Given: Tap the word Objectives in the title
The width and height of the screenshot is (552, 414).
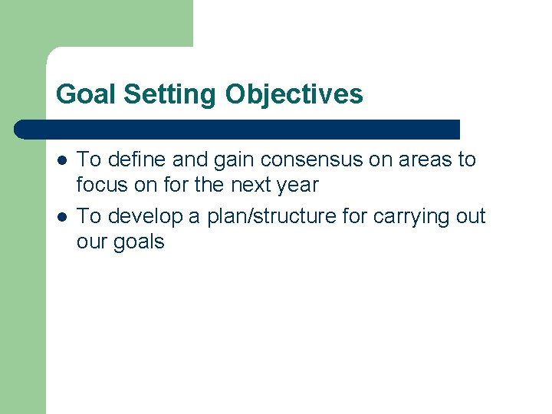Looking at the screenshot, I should point(294,94).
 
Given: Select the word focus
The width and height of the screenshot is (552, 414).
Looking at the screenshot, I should point(102,185).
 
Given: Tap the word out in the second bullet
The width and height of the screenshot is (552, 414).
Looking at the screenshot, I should point(470,217).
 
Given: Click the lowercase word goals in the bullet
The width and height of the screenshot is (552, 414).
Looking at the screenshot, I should point(140,242).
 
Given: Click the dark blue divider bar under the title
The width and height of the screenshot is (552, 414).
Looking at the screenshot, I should point(238,130).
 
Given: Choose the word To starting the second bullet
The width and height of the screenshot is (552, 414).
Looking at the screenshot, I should point(90,216).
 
